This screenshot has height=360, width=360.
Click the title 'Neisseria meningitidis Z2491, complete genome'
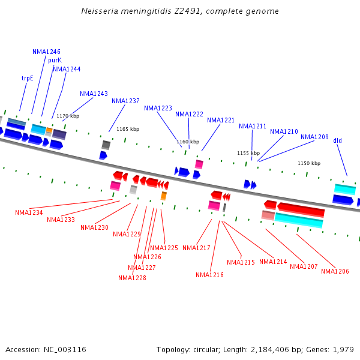point(179,11)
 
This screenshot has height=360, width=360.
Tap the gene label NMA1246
point(46,52)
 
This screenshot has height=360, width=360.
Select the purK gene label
point(55,60)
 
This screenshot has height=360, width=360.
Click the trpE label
point(28,78)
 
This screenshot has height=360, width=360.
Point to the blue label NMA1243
point(94,94)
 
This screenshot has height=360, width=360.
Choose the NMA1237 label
point(125,101)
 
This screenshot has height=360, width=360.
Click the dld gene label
point(338,140)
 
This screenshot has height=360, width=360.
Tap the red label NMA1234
point(29,212)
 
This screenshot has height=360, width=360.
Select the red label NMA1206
point(335,271)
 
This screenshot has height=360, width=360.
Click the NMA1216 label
point(209,275)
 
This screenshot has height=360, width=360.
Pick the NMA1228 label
point(132,278)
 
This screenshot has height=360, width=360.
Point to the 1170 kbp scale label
point(68,116)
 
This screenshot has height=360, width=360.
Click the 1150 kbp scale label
point(309,163)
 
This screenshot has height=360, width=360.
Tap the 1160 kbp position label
point(188,142)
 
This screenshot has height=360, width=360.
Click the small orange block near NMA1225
point(163,196)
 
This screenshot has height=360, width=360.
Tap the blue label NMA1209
point(314,137)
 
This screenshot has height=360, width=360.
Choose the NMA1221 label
point(221,120)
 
